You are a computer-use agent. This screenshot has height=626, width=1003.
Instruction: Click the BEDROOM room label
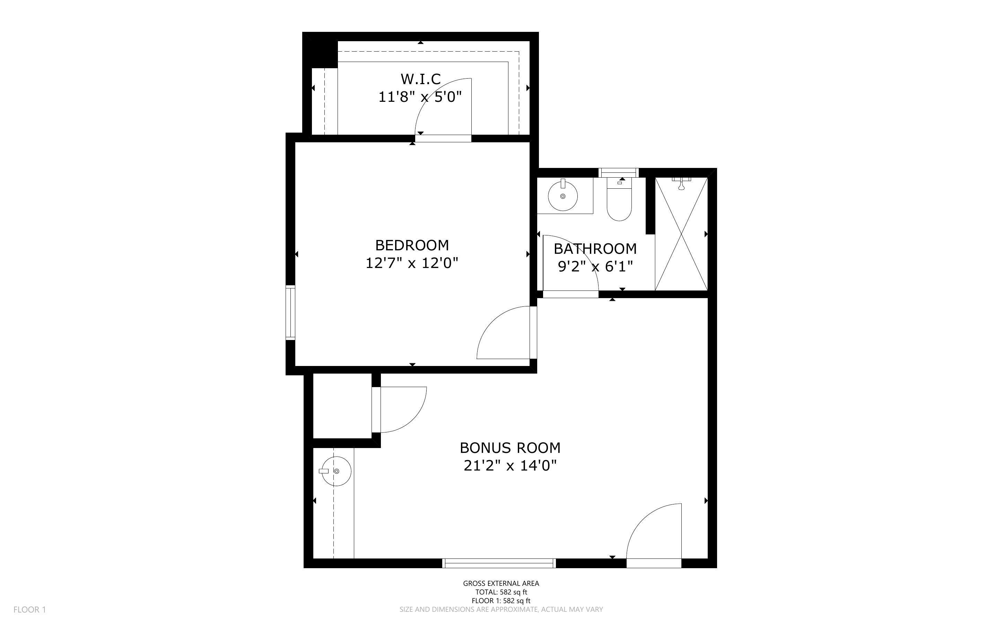coord(412,245)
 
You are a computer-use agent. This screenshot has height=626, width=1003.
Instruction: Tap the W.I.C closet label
coord(420,79)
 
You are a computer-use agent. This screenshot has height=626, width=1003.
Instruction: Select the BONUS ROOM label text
coord(510,448)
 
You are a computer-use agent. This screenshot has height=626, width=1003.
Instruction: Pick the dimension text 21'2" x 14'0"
coord(510,466)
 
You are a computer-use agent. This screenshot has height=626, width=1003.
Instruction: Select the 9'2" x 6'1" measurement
coord(595,267)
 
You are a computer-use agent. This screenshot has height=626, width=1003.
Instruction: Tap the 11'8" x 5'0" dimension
coord(420,97)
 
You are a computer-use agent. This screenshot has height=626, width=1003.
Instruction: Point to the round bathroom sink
coord(562,196)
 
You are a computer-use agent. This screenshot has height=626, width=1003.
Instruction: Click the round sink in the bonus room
coord(337,471)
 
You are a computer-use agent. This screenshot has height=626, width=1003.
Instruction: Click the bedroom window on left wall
coord(290,313)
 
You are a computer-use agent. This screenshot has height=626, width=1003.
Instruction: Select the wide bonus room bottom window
coord(499,563)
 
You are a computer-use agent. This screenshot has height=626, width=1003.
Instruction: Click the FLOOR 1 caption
coord(30,609)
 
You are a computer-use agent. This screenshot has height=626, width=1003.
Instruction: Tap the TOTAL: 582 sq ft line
coord(501,592)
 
